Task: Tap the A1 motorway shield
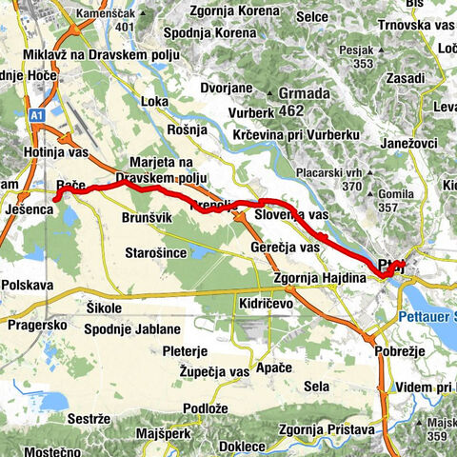click(x=36, y=114)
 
